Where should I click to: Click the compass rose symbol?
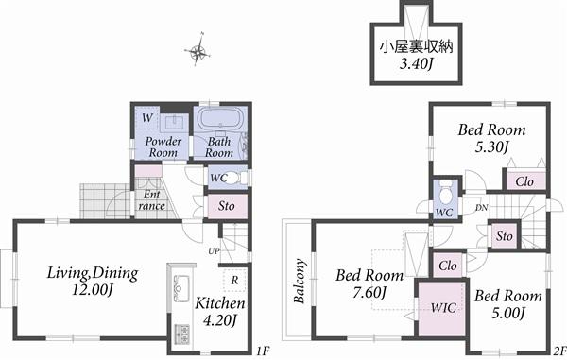coord(198,52)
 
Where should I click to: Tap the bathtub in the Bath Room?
coord(220,124)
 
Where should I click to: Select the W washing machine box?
coord(146,118)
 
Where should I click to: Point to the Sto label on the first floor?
coord(226,204)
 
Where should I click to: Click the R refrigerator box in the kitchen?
coord(232,281)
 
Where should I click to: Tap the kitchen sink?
coord(179,285)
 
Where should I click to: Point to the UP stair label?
coord(215,251)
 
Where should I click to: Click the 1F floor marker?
coord(262,351)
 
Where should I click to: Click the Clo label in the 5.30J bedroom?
coord(524,180)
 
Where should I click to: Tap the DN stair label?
coord(480,207)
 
